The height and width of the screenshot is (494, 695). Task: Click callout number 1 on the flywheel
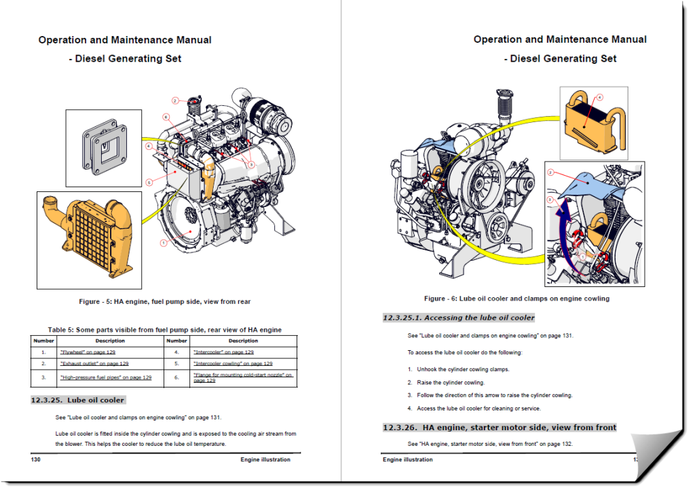coord(163,242)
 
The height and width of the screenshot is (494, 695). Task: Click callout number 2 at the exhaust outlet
coord(175,100)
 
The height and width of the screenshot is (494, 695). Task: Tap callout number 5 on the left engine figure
coord(149,182)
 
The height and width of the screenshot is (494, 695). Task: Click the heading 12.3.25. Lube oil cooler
coord(77,400)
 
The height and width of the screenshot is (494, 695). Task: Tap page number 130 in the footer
coord(37,459)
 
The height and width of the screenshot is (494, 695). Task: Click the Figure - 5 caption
coord(165,301)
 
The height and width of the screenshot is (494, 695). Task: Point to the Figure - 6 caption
coord(516,299)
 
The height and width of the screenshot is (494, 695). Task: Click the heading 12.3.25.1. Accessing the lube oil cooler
coord(458,318)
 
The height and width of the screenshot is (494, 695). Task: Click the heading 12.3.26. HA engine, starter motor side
coord(500,427)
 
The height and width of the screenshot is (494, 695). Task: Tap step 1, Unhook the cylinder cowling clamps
coord(458,370)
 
